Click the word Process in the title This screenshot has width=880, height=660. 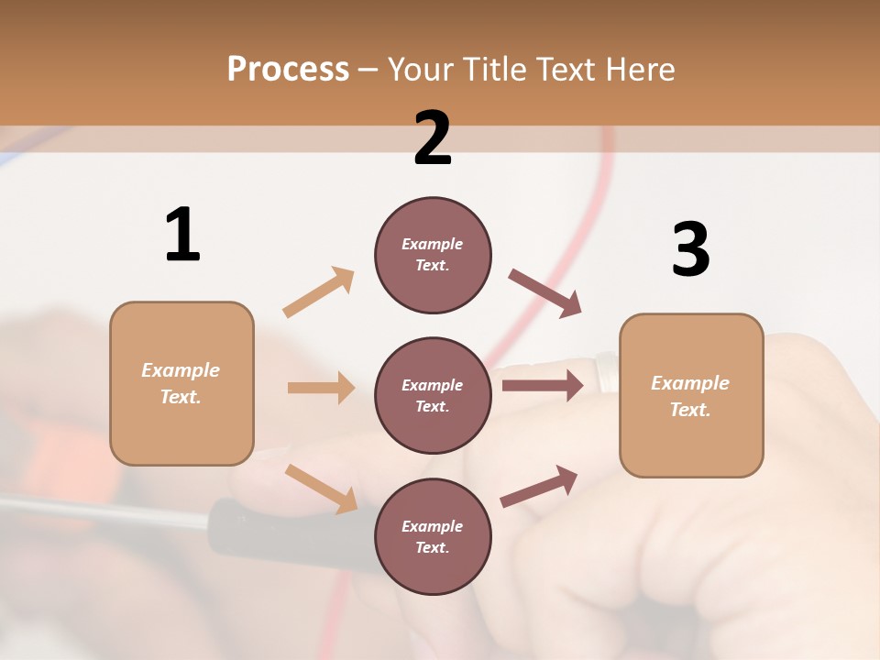click(x=288, y=69)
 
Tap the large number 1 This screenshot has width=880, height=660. click(x=182, y=235)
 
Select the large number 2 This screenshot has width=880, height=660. click(x=433, y=137)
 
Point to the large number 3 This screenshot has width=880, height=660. click(x=690, y=249)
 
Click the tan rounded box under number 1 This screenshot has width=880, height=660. click(x=181, y=383)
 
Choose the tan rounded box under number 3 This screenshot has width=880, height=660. click(x=691, y=396)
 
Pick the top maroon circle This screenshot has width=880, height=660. click(x=433, y=255)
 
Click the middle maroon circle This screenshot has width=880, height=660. click(x=433, y=396)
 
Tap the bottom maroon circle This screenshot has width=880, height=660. click(x=433, y=537)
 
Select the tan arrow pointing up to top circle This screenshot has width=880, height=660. click(x=319, y=292)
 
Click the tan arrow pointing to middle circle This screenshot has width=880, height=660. click(x=321, y=388)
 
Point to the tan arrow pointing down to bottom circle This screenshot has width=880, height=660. click(x=321, y=488)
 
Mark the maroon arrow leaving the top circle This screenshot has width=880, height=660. click(x=545, y=293)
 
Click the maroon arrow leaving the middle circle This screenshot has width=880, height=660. click(x=542, y=385)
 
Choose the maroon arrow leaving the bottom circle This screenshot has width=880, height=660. click(x=539, y=486)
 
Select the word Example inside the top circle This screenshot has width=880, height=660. click(x=433, y=245)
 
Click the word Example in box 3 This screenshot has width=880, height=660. click(x=690, y=383)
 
